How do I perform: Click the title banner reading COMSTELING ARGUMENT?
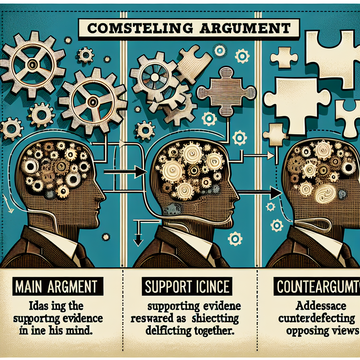click(189, 28)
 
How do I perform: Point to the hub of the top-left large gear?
click(33, 64)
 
